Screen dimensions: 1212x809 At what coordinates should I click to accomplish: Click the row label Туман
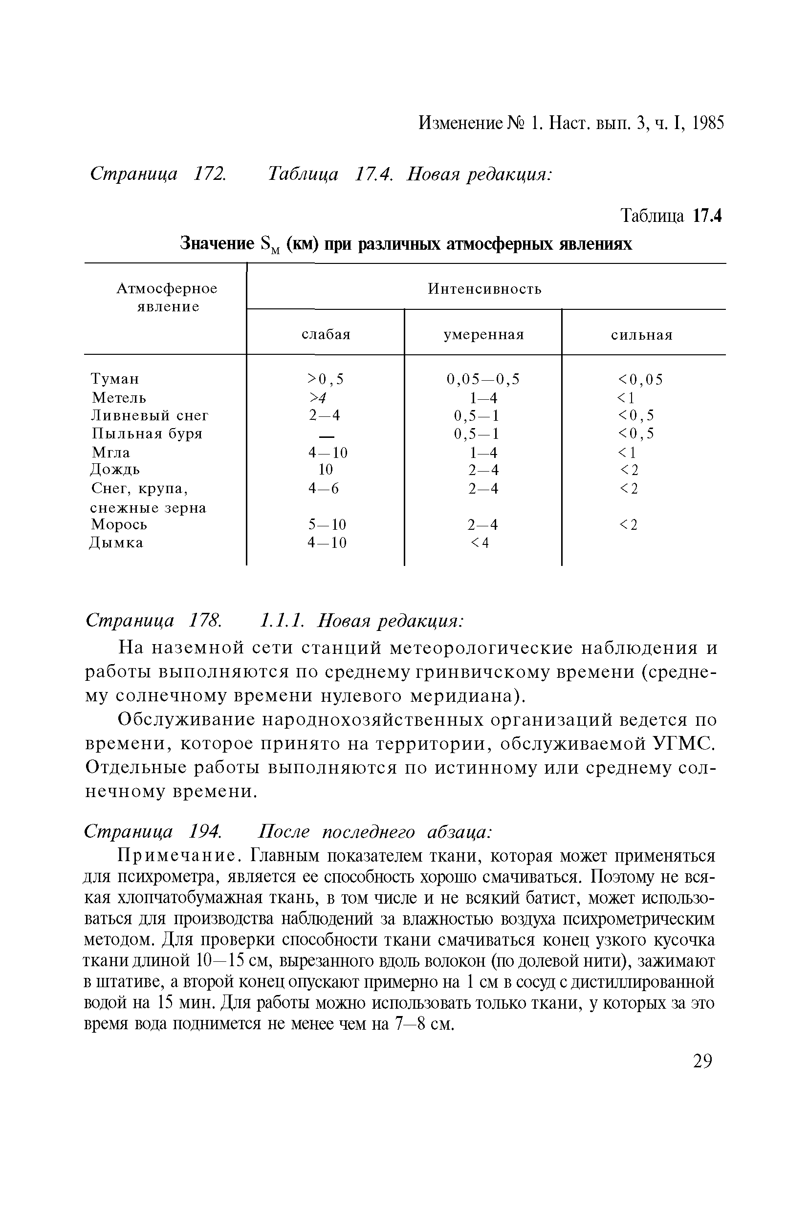point(114,379)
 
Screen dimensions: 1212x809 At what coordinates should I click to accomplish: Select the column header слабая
point(326,335)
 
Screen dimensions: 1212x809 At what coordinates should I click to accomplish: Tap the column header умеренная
point(483,335)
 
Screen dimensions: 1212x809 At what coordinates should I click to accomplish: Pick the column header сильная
point(642,335)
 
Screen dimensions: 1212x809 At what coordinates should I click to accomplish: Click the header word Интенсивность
point(484,289)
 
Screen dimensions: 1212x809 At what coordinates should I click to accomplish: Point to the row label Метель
point(119,398)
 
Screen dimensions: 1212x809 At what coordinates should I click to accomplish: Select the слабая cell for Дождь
point(326,469)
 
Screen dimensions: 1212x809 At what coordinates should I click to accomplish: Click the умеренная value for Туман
point(483,380)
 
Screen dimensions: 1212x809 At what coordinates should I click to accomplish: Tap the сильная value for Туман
point(640,380)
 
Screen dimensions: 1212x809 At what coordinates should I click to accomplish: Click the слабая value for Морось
point(327,524)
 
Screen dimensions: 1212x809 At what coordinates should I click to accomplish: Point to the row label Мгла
point(110,453)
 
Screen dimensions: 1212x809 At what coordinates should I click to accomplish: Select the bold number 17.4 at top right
point(707,216)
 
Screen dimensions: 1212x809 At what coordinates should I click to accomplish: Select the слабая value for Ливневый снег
point(325,415)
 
